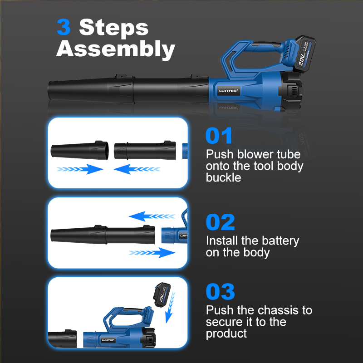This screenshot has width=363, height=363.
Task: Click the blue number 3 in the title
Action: (x=64, y=27)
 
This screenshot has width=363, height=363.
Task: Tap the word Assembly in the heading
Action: (x=116, y=49)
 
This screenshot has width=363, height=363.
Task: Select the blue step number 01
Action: (x=219, y=136)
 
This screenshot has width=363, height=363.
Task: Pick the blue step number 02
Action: (x=221, y=222)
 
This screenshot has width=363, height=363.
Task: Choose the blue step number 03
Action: (x=221, y=291)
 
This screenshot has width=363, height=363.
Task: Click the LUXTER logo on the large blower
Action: (x=228, y=91)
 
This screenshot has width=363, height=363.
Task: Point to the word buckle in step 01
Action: (x=223, y=178)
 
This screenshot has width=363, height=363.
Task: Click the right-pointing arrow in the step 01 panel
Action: (x=80, y=169)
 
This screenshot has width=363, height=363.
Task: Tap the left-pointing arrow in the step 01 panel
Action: (x=137, y=169)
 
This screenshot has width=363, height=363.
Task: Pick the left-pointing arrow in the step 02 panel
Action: (x=152, y=216)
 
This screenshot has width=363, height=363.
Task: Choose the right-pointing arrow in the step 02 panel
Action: (x=152, y=253)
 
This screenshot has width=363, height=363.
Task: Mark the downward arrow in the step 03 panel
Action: (x=171, y=308)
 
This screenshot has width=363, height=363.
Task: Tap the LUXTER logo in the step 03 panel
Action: (x=108, y=340)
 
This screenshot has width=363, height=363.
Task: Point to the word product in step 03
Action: (x=226, y=334)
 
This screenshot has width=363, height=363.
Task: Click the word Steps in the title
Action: (x=114, y=27)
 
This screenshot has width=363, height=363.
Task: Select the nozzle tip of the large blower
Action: (x=49, y=90)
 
